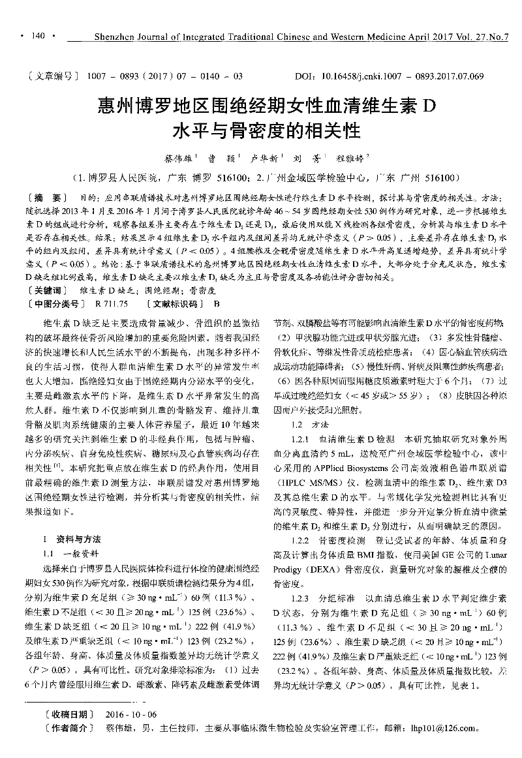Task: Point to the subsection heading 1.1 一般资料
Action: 72,552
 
